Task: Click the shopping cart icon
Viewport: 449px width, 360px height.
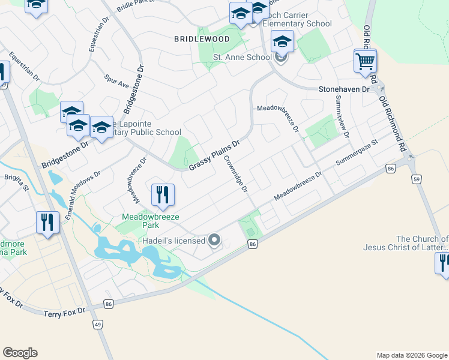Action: (365, 61)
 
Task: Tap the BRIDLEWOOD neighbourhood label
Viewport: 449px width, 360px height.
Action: (202, 39)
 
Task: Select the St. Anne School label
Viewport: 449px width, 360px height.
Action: (243, 58)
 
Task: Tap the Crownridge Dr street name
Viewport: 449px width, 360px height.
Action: (236, 174)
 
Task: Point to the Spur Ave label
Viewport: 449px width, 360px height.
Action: (116, 81)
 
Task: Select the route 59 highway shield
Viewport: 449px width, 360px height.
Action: (416, 179)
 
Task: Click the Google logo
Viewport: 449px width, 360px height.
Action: (20, 353)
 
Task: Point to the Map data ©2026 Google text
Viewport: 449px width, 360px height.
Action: (411, 355)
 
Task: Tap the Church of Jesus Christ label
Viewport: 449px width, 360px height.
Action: (406, 243)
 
